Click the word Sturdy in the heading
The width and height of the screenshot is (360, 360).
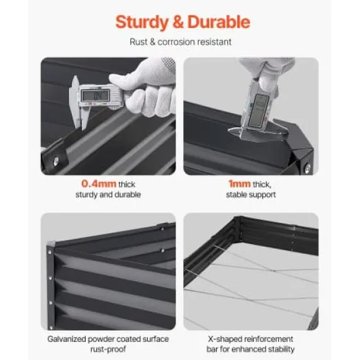pos(142,22)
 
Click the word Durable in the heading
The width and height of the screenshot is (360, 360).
pos(219,22)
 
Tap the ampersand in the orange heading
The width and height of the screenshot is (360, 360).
pos(178,22)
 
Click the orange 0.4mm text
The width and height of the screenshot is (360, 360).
pos(99,184)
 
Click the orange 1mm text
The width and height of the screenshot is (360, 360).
pos(240,184)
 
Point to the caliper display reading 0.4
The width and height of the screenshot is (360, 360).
pos(96,96)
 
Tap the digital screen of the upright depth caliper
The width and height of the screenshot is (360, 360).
pos(259,110)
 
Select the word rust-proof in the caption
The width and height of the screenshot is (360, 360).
pos(108,349)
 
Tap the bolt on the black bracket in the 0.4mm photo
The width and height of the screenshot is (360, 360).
pos(56,161)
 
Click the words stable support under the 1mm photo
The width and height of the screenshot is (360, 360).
pos(251,195)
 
